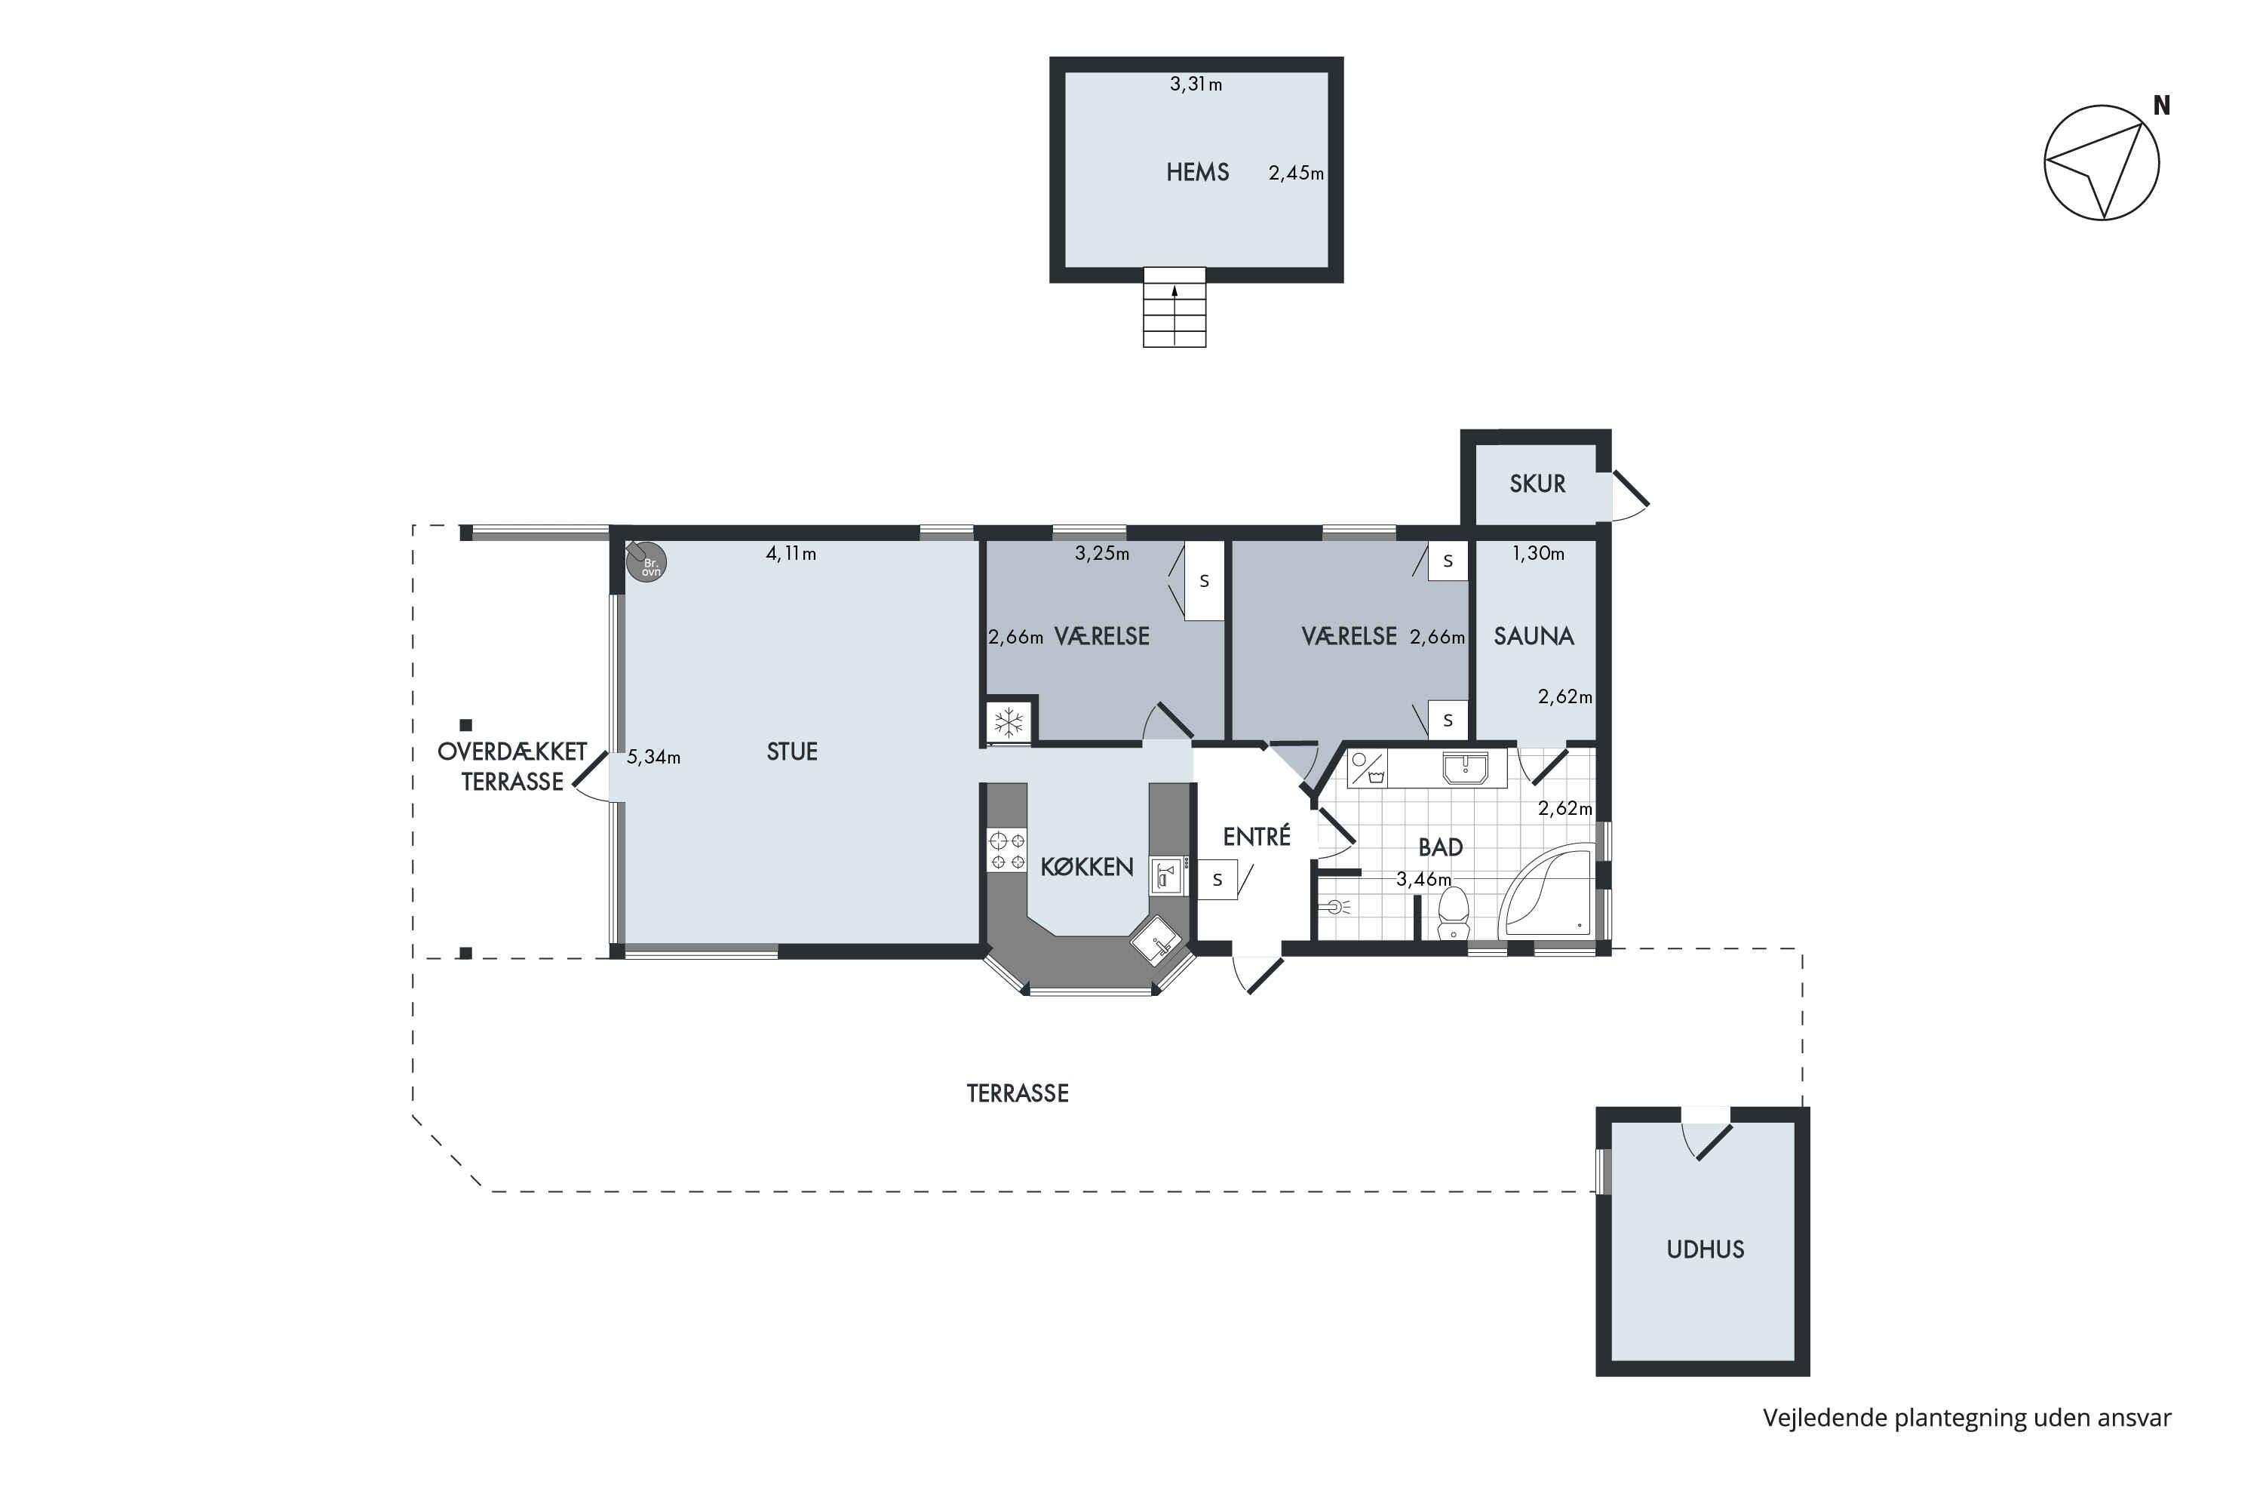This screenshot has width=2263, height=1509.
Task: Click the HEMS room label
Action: [x=1197, y=172]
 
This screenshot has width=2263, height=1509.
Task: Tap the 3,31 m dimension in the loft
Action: [x=1196, y=85]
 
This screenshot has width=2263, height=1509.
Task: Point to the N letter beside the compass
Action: [x=2161, y=106]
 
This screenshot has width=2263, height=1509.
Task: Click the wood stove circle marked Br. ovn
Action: [x=646, y=562]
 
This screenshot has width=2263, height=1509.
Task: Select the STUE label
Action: [x=792, y=751]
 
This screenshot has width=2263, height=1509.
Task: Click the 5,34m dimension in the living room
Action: [x=653, y=758]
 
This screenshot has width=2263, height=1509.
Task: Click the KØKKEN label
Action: [x=1087, y=867]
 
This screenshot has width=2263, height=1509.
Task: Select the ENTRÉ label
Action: [x=1257, y=836]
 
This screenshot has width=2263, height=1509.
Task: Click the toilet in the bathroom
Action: [x=1453, y=913]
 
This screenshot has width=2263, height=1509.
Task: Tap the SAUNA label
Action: [x=1534, y=636]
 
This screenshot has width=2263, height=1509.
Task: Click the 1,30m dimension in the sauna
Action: [x=1537, y=553]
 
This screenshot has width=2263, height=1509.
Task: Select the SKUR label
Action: [x=1537, y=484]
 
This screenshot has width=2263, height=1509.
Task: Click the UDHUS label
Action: [x=1705, y=1249]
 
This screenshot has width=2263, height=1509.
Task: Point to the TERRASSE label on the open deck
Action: [x=1018, y=1093]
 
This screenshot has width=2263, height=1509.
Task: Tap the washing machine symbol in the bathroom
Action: [x=1367, y=768]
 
